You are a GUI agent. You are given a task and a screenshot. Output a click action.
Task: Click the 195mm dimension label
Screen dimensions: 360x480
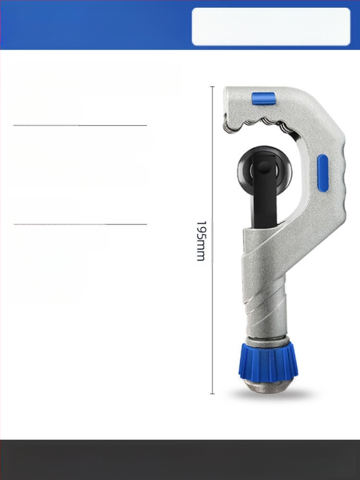pyautogui.click(x=200, y=241)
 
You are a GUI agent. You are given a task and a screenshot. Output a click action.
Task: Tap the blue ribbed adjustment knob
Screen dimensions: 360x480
pyautogui.click(x=268, y=363)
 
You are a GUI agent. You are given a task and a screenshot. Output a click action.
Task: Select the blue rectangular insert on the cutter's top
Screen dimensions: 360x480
pyautogui.click(x=263, y=99)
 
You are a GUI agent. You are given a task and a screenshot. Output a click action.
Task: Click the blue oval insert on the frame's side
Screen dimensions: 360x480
pyautogui.click(x=322, y=173)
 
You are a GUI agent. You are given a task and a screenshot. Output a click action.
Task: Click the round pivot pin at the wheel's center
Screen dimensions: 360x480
pyautogui.click(x=263, y=167)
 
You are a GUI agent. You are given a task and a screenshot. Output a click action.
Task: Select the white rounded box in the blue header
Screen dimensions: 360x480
pyautogui.click(x=271, y=26)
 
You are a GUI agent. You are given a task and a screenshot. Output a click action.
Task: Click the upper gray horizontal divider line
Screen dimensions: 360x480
pyautogui.click(x=80, y=125)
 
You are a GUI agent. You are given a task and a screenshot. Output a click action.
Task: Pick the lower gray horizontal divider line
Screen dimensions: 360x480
pyautogui.click(x=80, y=224)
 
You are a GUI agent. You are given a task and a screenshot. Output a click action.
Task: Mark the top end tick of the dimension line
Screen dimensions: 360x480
pyautogui.click(x=212, y=87)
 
